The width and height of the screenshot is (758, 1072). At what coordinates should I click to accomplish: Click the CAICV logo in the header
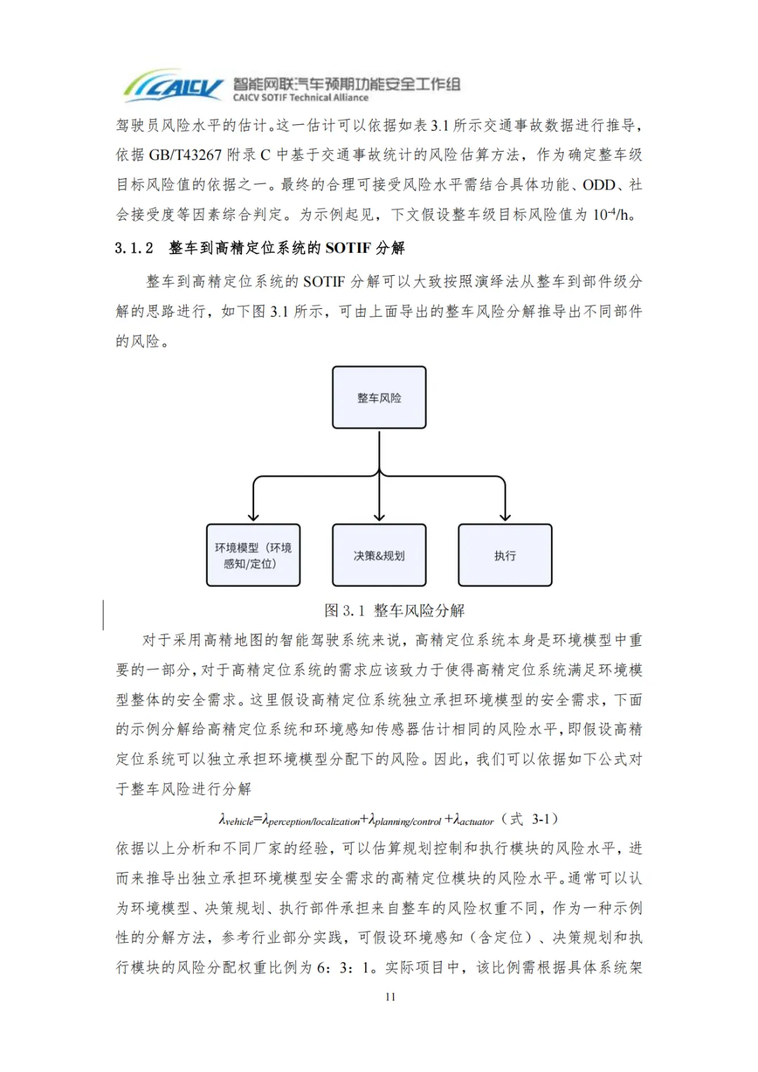click(x=173, y=86)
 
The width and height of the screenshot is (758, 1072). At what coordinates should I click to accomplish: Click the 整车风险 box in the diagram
click(x=379, y=397)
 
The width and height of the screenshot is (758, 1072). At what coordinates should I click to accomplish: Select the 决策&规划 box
click(x=379, y=555)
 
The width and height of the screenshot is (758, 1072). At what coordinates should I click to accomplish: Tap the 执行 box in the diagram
click(x=505, y=555)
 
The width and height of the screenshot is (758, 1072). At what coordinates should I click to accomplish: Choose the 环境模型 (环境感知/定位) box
click(x=253, y=555)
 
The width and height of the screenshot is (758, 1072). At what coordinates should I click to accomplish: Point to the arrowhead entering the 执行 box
click(x=505, y=517)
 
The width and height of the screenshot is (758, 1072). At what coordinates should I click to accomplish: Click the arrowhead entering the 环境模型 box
click(x=253, y=517)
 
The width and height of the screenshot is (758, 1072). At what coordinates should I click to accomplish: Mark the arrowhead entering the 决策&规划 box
click(x=379, y=517)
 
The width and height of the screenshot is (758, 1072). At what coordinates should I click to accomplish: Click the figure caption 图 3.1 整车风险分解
click(x=394, y=610)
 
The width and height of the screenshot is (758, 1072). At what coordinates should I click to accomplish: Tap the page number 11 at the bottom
click(x=390, y=996)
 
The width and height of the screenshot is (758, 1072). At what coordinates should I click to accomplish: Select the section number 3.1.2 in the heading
click(x=134, y=248)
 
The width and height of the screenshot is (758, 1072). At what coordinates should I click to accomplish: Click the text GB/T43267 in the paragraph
click(x=185, y=154)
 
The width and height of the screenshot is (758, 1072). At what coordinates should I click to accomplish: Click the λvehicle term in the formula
click(x=237, y=820)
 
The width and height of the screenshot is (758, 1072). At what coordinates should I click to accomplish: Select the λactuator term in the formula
click(x=474, y=820)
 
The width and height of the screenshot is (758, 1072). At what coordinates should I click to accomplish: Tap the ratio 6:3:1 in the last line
click(x=346, y=967)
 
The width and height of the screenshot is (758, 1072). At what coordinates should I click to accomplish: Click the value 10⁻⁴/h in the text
click(x=611, y=214)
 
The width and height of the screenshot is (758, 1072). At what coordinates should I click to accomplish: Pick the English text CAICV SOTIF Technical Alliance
click(x=300, y=98)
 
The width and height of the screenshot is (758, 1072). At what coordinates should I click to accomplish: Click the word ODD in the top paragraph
click(x=599, y=185)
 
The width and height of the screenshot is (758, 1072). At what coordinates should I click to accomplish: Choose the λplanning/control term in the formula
click(x=405, y=820)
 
